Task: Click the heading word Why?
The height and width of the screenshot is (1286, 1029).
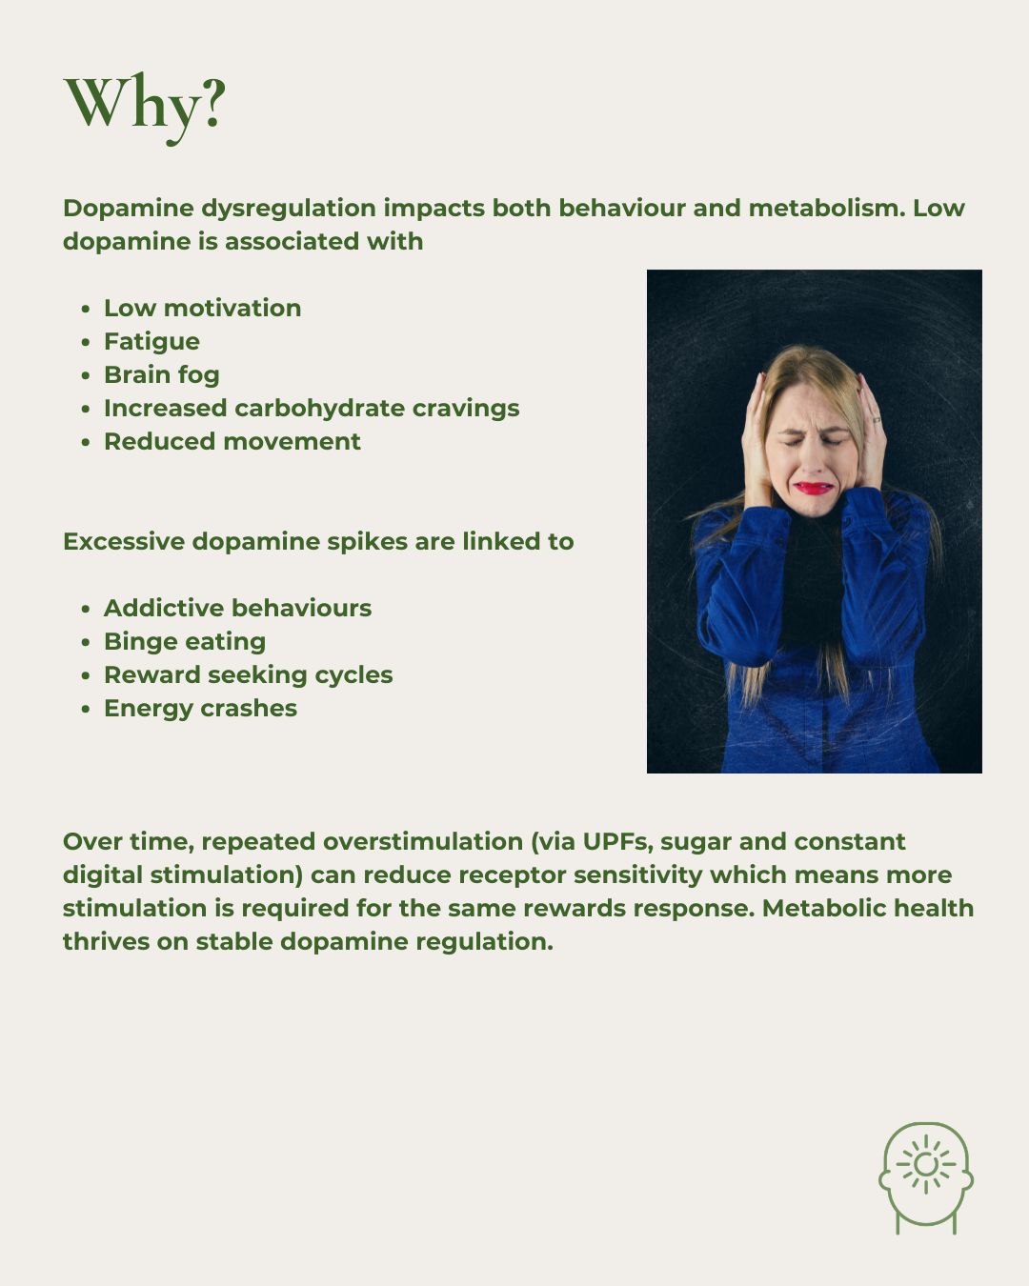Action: [x=145, y=103]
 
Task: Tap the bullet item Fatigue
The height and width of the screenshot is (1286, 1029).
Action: [x=151, y=341]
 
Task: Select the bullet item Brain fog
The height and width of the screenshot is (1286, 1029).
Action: [x=161, y=374]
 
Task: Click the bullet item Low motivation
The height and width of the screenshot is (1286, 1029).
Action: [x=202, y=308]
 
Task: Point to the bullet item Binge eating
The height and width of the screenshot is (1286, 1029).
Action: [x=185, y=641]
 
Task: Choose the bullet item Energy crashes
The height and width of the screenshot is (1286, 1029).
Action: [x=200, y=708]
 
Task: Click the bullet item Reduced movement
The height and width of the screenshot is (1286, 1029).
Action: [x=232, y=441]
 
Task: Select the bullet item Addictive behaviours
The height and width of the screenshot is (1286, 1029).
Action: [x=237, y=608]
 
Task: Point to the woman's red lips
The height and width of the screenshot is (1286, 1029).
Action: [x=814, y=488]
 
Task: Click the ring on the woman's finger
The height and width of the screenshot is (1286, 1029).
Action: [x=877, y=419]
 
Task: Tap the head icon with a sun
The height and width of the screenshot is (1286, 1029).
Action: [x=925, y=1177]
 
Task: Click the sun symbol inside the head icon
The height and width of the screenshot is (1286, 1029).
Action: [x=925, y=1164]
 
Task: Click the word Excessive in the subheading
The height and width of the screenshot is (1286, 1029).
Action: [x=124, y=541]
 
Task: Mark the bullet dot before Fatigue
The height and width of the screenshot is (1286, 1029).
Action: [x=86, y=342]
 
